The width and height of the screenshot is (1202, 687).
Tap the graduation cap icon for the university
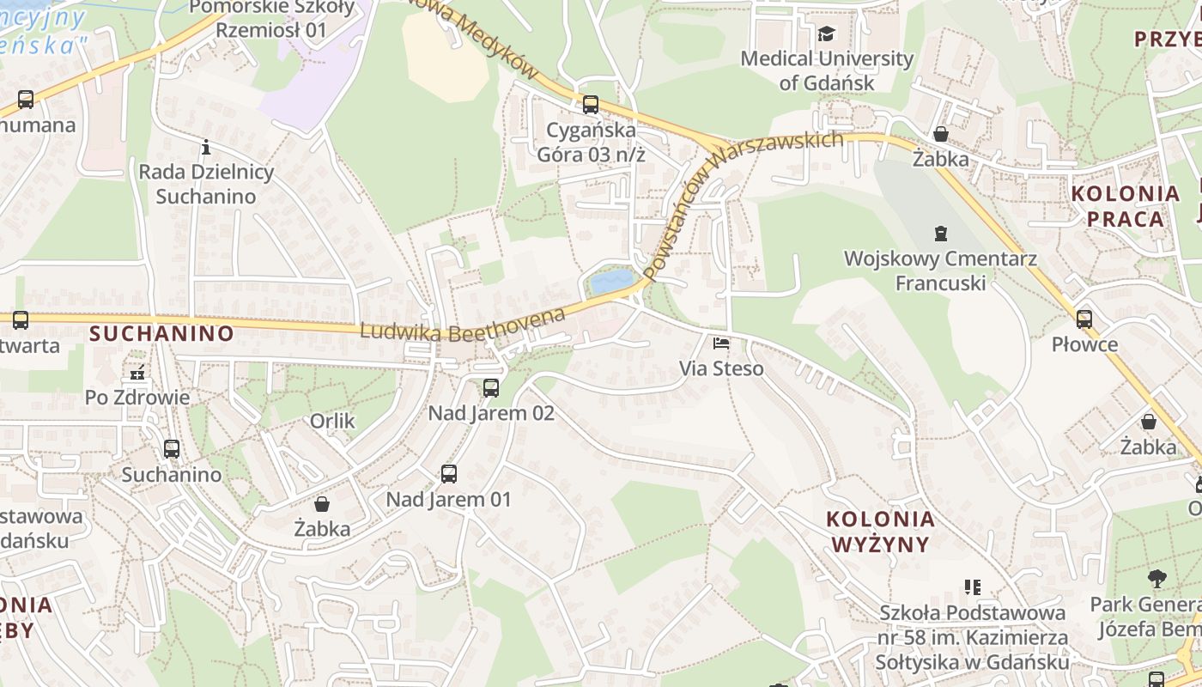pyautogui.click(x=826, y=34)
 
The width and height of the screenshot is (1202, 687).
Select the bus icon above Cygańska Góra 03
pyautogui.click(x=591, y=105)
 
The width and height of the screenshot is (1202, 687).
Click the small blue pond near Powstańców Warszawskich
pyautogui.click(x=611, y=281)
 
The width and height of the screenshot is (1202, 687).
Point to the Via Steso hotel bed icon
pyautogui.click(x=721, y=343)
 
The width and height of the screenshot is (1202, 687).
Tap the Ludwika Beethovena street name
pyautogui.click(x=464, y=323)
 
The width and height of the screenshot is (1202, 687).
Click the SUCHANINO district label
pyautogui.click(x=161, y=333)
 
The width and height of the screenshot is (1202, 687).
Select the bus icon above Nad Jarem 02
pyautogui.click(x=491, y=388)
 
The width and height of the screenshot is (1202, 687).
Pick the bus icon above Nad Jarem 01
pyautogui.click(x=448, y=474)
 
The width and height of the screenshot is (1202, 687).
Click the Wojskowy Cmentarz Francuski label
pyautogui.click(x=940, y=271)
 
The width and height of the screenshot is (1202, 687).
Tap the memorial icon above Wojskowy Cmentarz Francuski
pyautogui.click(x=941, y=233)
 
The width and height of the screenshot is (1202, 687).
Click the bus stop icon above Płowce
pyautogui.click(x=1084, y=319)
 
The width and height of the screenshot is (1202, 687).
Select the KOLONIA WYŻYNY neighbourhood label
pyautogui.click(x=880, y=532)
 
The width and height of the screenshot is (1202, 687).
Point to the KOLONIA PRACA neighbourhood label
pyautogui.click(x=1126, y=206)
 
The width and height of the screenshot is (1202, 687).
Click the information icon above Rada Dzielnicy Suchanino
pyautogui.click(x=206, y=147)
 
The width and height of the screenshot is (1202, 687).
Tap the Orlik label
pyautogui.click(x=332, y=422)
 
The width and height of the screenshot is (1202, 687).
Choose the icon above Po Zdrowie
pyautogui.click(x=137, y=373)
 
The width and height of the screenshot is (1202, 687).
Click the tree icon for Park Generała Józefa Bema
pyautogui.click(x=1157, y=579)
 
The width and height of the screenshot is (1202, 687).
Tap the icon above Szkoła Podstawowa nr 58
pyautogui.click(x=973, y=587)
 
